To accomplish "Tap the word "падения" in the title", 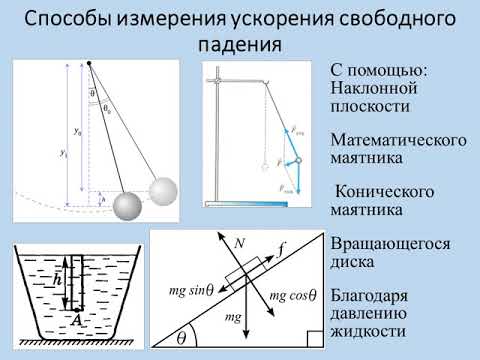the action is pos(240,46).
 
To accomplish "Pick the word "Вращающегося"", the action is pos(390,244).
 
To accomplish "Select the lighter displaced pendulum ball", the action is pos(165,191).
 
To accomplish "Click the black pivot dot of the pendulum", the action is pos(89,65).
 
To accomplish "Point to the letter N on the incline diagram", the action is pos(239,243).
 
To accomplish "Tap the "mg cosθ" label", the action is pos(292,295).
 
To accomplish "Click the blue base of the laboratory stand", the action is pos(245,205).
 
